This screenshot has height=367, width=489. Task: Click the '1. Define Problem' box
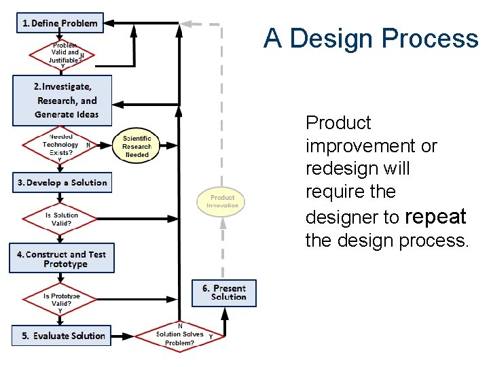coord(60,23)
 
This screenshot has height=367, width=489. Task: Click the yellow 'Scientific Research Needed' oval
coord(137,146)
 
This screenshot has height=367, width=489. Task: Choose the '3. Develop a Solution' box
coord(61,183)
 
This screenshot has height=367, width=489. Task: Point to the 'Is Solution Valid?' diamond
coord(61,219)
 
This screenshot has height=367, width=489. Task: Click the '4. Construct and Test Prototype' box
coord(62,259)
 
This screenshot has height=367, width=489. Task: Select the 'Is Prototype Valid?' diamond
coord(61,300)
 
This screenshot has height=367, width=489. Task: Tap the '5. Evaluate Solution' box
coord(61,336)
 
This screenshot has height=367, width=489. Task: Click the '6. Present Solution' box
coord(224,293)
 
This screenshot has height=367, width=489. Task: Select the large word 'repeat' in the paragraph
coord(435,217)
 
